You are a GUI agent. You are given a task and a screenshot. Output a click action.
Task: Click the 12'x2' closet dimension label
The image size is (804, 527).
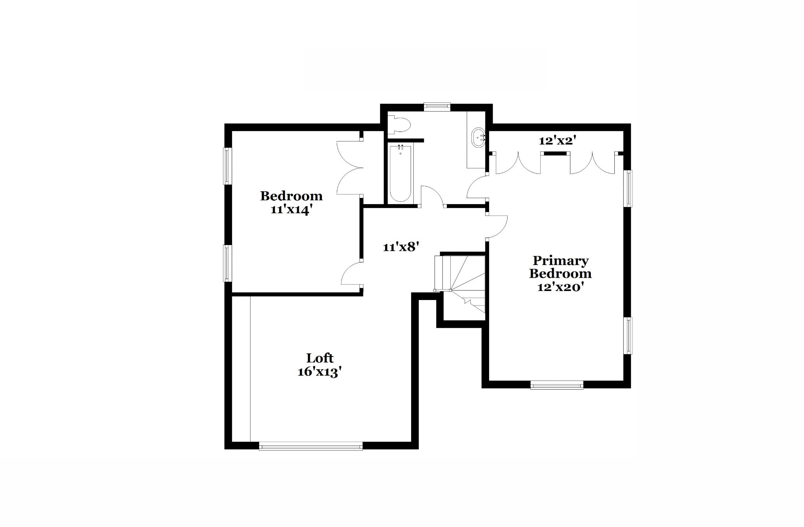click(x=557, y=140)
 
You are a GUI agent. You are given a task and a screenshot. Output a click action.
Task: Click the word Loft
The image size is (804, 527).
click(x=320, y=358)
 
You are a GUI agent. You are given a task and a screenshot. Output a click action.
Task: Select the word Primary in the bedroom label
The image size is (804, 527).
click(x=560, y=261)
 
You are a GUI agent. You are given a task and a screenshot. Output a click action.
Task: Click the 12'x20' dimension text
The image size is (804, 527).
click(x=560, y=287)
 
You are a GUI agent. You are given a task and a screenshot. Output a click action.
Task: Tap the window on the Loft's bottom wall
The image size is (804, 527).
click(x=311, y=445)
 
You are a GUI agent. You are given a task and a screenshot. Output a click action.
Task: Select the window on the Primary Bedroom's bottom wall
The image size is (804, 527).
click(x=557, y=385)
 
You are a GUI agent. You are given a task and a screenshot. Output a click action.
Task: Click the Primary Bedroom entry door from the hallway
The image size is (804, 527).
click(x=497, y=227)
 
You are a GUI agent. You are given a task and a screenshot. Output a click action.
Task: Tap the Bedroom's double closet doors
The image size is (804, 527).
click(x=349, y=168)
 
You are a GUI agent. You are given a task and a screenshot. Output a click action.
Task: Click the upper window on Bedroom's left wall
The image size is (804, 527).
click(x=227, y=166)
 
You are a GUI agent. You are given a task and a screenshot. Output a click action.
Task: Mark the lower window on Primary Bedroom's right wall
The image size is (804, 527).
click(x=628, y=336)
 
